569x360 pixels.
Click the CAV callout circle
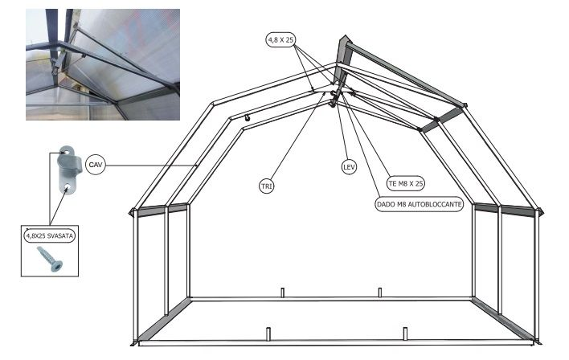[x=96, y=165]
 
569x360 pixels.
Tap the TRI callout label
[x=267, y=186]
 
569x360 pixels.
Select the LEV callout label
[x=349, y=167]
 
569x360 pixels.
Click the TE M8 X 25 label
[x=406, y=184]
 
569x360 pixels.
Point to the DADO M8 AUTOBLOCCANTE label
[x=420, y=204]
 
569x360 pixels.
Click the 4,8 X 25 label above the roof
[x=280, y=40]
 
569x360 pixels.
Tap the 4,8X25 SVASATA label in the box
[x=49, y=236]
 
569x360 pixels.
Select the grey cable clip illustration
[x=68, y=170]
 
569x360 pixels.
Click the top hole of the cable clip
[x=67, y=150]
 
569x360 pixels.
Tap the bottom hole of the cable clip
[x=68, y=187]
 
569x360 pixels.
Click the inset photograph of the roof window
[x=103, y=64]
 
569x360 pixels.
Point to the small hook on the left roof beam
[x=247, y=118]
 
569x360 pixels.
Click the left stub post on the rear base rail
[x=283, y=292]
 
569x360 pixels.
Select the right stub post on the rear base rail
[x=380, y=292]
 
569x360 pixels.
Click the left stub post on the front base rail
[x=268, y=334]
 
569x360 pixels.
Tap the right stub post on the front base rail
[x=405, y=334]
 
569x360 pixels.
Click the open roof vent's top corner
[x=345, y=35]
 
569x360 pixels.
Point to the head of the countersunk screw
[x=57, y=266]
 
